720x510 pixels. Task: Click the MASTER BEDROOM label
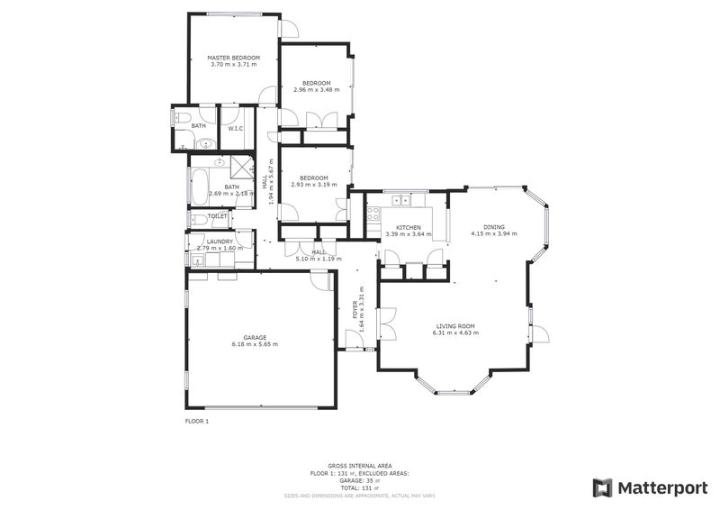(233, 57)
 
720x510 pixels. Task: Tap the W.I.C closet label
(235, 128)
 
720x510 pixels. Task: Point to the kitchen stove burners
(372, 214)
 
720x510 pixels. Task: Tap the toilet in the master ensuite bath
(182, 117)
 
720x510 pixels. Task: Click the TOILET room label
(217, 216)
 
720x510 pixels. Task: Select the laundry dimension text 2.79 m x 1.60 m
(220, 248)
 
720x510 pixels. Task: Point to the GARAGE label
(255, 337)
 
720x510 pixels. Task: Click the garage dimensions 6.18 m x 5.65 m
(255, 344)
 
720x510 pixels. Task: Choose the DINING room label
(494, 227)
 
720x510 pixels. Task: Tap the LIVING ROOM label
(455, 326)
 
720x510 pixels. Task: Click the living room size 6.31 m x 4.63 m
(455, 333)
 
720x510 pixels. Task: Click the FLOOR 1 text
(197, 421)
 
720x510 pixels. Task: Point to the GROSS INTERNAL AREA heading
(360, 466)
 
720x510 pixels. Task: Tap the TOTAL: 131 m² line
(360, 487)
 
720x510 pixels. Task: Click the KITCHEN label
(409, 227)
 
